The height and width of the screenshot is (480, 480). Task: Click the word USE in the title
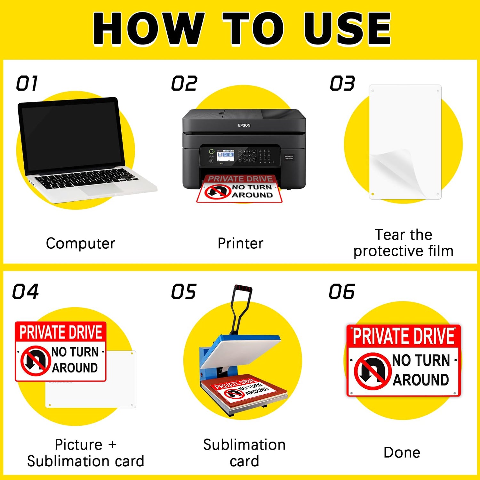(347, 29)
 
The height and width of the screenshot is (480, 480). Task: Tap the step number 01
(27, 84)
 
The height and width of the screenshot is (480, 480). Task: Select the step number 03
(342, 84)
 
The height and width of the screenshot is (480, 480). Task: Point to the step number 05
(183, 292)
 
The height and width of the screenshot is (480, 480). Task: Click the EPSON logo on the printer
(244, 125)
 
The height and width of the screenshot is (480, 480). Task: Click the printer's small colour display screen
(225, 156)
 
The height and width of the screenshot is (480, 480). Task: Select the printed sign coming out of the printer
(239, 189)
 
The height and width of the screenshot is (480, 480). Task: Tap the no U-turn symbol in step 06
(372, 371)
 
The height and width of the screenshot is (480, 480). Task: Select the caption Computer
(80, 244)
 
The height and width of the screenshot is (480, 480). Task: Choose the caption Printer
(240, 244)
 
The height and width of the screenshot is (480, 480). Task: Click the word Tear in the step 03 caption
(390, 235)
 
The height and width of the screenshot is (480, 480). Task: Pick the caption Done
(402, 452)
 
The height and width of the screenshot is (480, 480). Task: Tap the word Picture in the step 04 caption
(78, 444)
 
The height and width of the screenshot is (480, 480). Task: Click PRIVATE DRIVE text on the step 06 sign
(404, 336)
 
